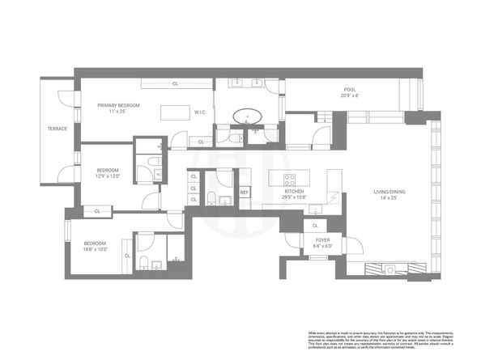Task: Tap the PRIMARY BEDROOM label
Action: click(119, 105)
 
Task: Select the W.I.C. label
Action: click(202, 112)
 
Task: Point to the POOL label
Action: click(350, 90)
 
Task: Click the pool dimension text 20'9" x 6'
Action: click(350, 96)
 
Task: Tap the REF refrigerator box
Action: click(244, 192)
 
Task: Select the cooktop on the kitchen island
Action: click(289, 178)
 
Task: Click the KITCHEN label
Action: click(293, 191)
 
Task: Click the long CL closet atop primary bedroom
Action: click(175, 83)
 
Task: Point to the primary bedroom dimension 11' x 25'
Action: click(119, 112)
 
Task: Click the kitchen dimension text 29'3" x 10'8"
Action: click(293, 197)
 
